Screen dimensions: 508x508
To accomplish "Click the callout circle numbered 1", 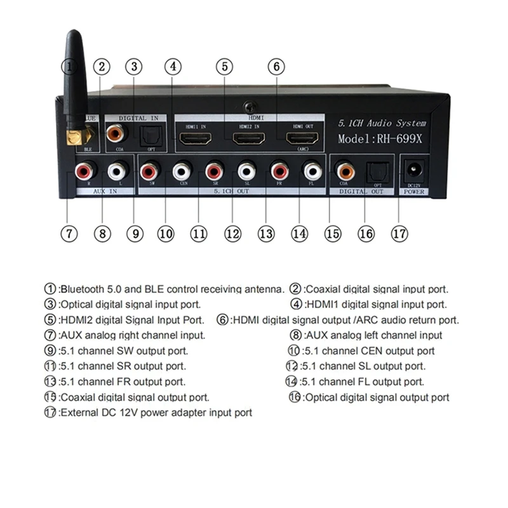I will tap(70, 66).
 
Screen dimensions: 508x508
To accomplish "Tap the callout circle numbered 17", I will tap(399, 233).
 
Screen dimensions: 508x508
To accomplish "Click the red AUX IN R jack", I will tap(85, 170).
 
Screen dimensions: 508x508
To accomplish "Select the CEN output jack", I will tap(182, 170).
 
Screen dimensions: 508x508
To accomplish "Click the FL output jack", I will tap(312, 170).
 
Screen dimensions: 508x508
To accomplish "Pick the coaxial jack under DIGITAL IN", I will tap(116, 133).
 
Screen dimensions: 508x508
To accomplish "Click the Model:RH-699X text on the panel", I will tap(382, 138).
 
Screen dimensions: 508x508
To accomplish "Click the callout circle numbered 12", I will tap(232, 233).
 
